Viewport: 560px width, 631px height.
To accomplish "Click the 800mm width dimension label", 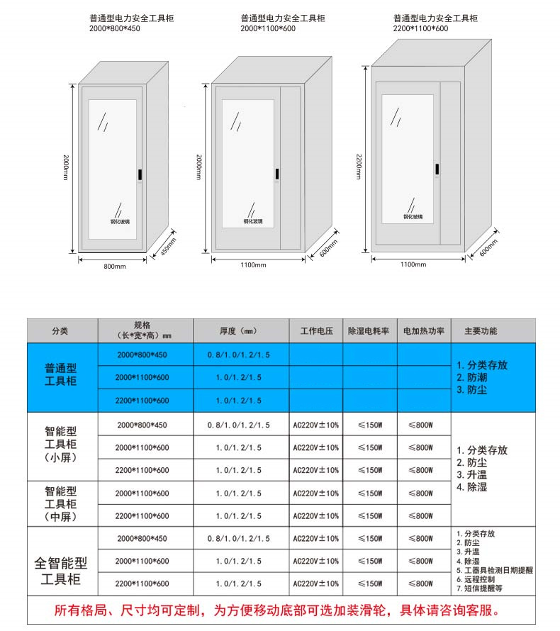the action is [x=114, y=267].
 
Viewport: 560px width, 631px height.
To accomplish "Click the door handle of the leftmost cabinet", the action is [x=140, y=174].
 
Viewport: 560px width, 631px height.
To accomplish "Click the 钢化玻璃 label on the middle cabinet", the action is [x=252, y=221].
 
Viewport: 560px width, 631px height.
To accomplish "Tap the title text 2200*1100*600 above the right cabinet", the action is [x=420, y=29].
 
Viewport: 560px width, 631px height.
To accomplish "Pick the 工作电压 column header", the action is [x=316, y=331].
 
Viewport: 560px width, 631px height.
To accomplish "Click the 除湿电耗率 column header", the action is [x=369, y=331].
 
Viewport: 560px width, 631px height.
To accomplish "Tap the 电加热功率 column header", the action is [x=423, y=331].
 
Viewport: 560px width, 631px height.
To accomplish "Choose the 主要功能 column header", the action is [x=480, y=331].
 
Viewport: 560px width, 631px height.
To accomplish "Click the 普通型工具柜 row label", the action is [x=60, y=376].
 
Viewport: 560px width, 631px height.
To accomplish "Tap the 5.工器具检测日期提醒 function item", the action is [x=494, y=569].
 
